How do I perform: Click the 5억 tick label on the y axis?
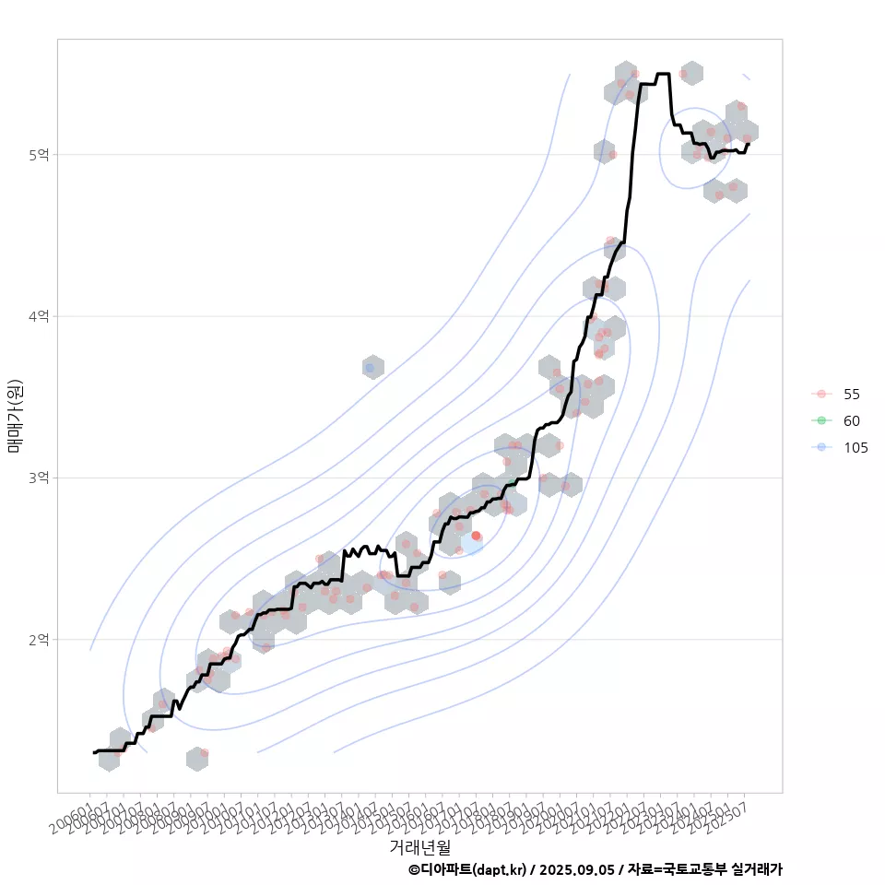click(x=38, y=155)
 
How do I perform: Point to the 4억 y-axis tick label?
click(x=38, y=316)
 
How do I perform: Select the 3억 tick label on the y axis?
click(x=38, y=478)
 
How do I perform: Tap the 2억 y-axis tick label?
click(x=38, y=639)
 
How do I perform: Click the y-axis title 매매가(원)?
click(x=15, y=416)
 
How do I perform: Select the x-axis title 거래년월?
click(x=419, y=846)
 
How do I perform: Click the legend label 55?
click(x=851, y=395)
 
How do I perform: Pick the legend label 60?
click(x=851, y=421)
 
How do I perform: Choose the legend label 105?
click(x=855, y=448)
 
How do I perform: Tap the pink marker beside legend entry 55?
click(x=820, y=395)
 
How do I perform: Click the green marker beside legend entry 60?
click(x=820, y=421)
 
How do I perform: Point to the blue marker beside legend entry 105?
click(x=820, y=448)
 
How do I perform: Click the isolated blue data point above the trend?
click(x=371, y=368)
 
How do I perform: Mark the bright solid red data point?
click(x=476, y=536)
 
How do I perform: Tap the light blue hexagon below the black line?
click(x=471, y=544)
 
